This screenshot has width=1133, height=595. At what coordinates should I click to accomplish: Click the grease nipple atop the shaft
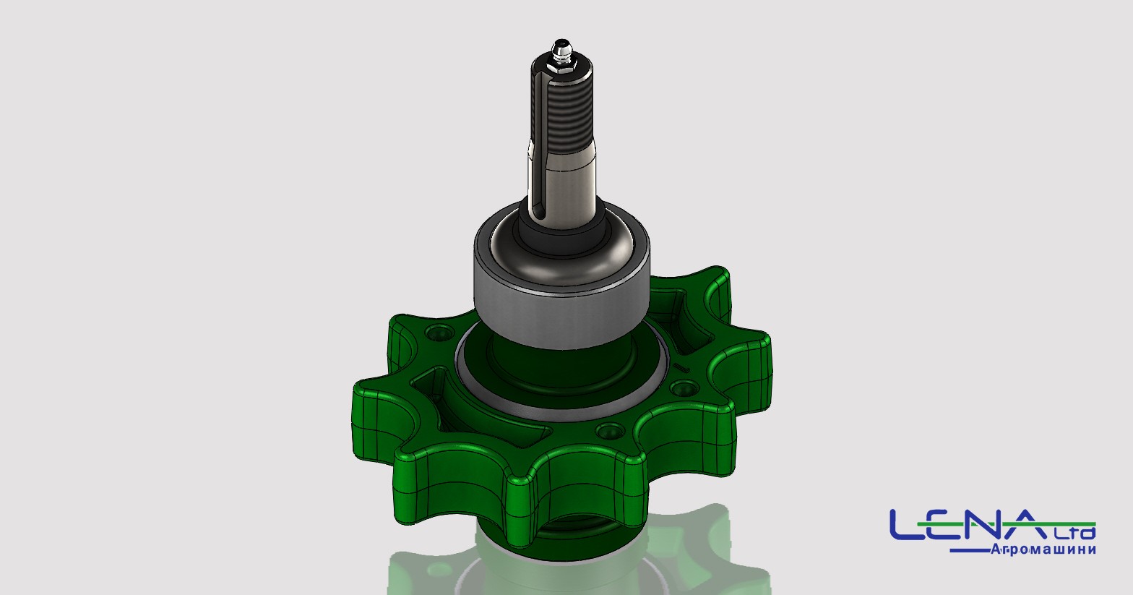point(561,50)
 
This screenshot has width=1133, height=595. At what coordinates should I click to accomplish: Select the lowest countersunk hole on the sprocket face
point(610,431)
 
